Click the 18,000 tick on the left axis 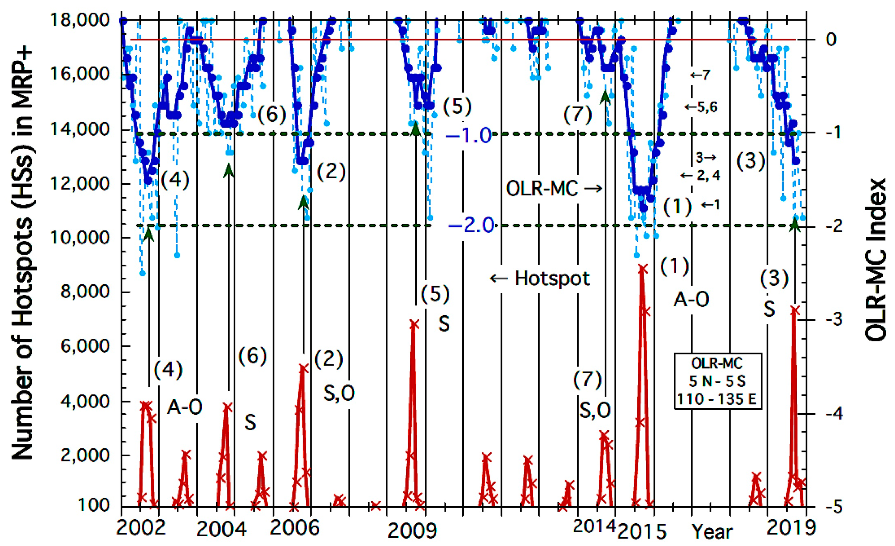(x=79, y=20)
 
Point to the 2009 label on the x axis (x=412, y=531)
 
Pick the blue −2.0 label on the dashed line (x=471, y=226)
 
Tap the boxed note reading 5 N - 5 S (x=718, y=381)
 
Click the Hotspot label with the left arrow (x=540, y=279)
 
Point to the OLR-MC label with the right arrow (x=553, y=188)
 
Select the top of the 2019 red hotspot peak (x=795, y=310)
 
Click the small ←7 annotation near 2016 (x=699, y=75)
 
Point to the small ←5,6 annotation (x=701, y=107)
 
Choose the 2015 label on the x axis (x=642, y=532)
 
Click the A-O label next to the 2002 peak (x=184, y=408)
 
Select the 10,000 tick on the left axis (x=79, y=238)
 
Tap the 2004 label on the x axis (x=221, y=530)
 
